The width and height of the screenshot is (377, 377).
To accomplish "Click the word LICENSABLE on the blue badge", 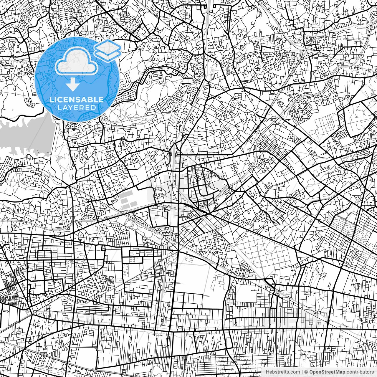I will [77, 100].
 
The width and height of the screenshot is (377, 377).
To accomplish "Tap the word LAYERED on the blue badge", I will [77, 108].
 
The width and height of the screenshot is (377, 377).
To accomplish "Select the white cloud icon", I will [77, 61].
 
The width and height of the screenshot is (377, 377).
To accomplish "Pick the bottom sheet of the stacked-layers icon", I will [108, 55].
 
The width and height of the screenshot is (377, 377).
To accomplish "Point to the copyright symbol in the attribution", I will [306, 372].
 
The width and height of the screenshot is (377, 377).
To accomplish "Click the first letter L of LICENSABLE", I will [51, 100].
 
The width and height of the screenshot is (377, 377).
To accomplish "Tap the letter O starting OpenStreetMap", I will [311, 372].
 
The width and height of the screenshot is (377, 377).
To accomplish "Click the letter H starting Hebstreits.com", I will [267, 372].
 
